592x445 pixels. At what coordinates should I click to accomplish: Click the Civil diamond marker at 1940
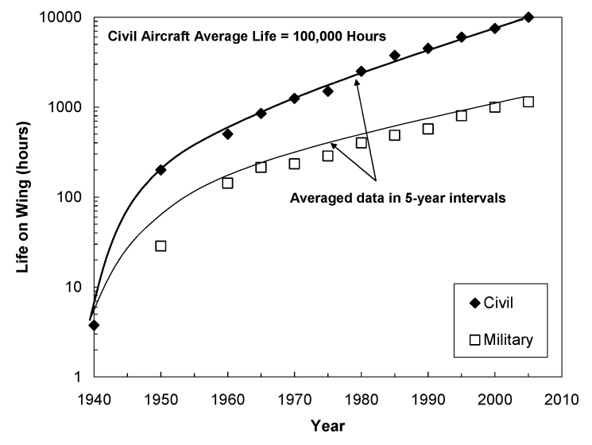(x=95, y=325)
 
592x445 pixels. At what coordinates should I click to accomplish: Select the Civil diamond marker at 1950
(x=161, y=169)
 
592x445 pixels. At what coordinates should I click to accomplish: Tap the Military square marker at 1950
(x=161, y=246)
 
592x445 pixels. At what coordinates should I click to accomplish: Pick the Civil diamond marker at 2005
(x=528, y=17)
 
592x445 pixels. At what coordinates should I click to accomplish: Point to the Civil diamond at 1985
(x=395, y=55)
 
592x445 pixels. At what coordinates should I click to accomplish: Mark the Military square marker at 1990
(x=428, y=129)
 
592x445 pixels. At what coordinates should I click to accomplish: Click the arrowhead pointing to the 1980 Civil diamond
(x=357, y=79)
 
